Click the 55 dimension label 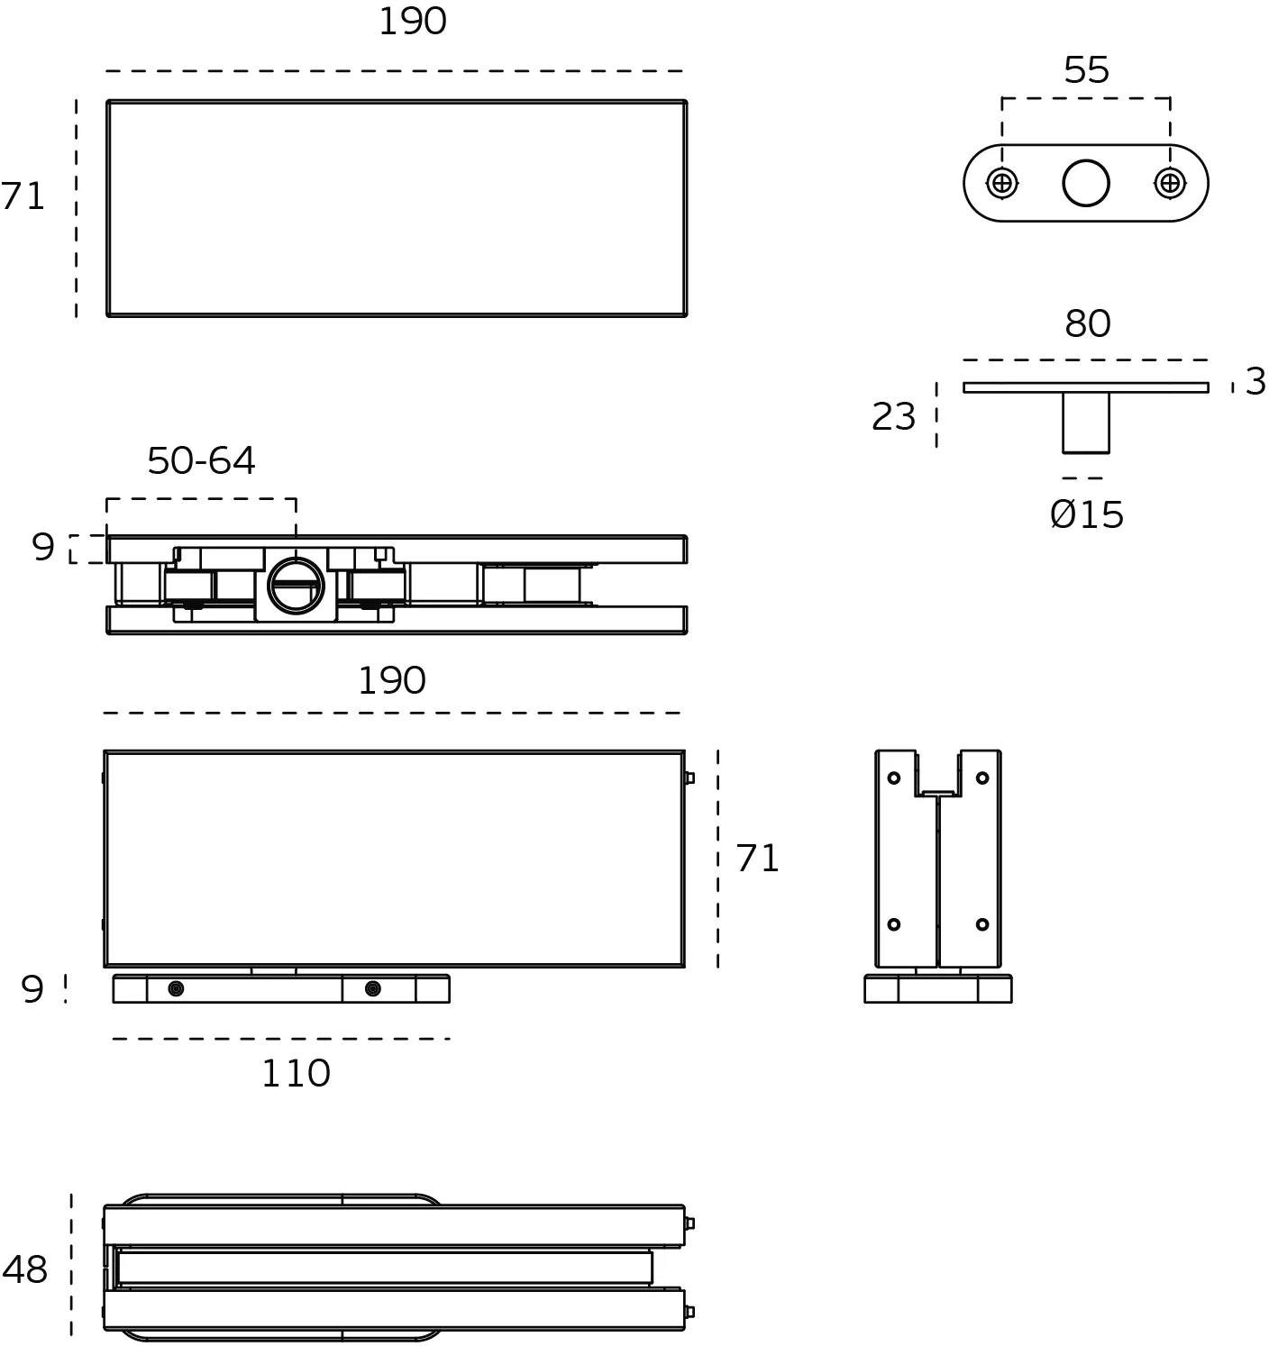[x=1086, y=69]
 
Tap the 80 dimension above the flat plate [x=1087, y=324]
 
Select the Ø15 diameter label [x=1087, y=515]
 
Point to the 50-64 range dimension [x=201, y=461]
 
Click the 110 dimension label [x=297, y=1074]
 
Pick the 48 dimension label [x=25, y=1269]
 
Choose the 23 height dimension [x=893, y=416]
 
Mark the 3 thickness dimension [x=1255, y=382]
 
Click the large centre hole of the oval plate [x=1086, y=183]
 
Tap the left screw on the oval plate [x=1001, y=183]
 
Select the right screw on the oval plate [x=1170, y=183]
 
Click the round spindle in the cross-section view [x=296, y=585]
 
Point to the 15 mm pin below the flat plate [x=1086, y=423]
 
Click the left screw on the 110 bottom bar [x=176, y=989]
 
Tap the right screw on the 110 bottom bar [x=372, y=989]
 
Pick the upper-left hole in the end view [x=894, y=778]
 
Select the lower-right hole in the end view [x=982, y=924]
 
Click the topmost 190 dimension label [x=413, y=22]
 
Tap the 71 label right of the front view [x=757, y=859]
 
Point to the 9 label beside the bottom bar [x=32, y=989]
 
